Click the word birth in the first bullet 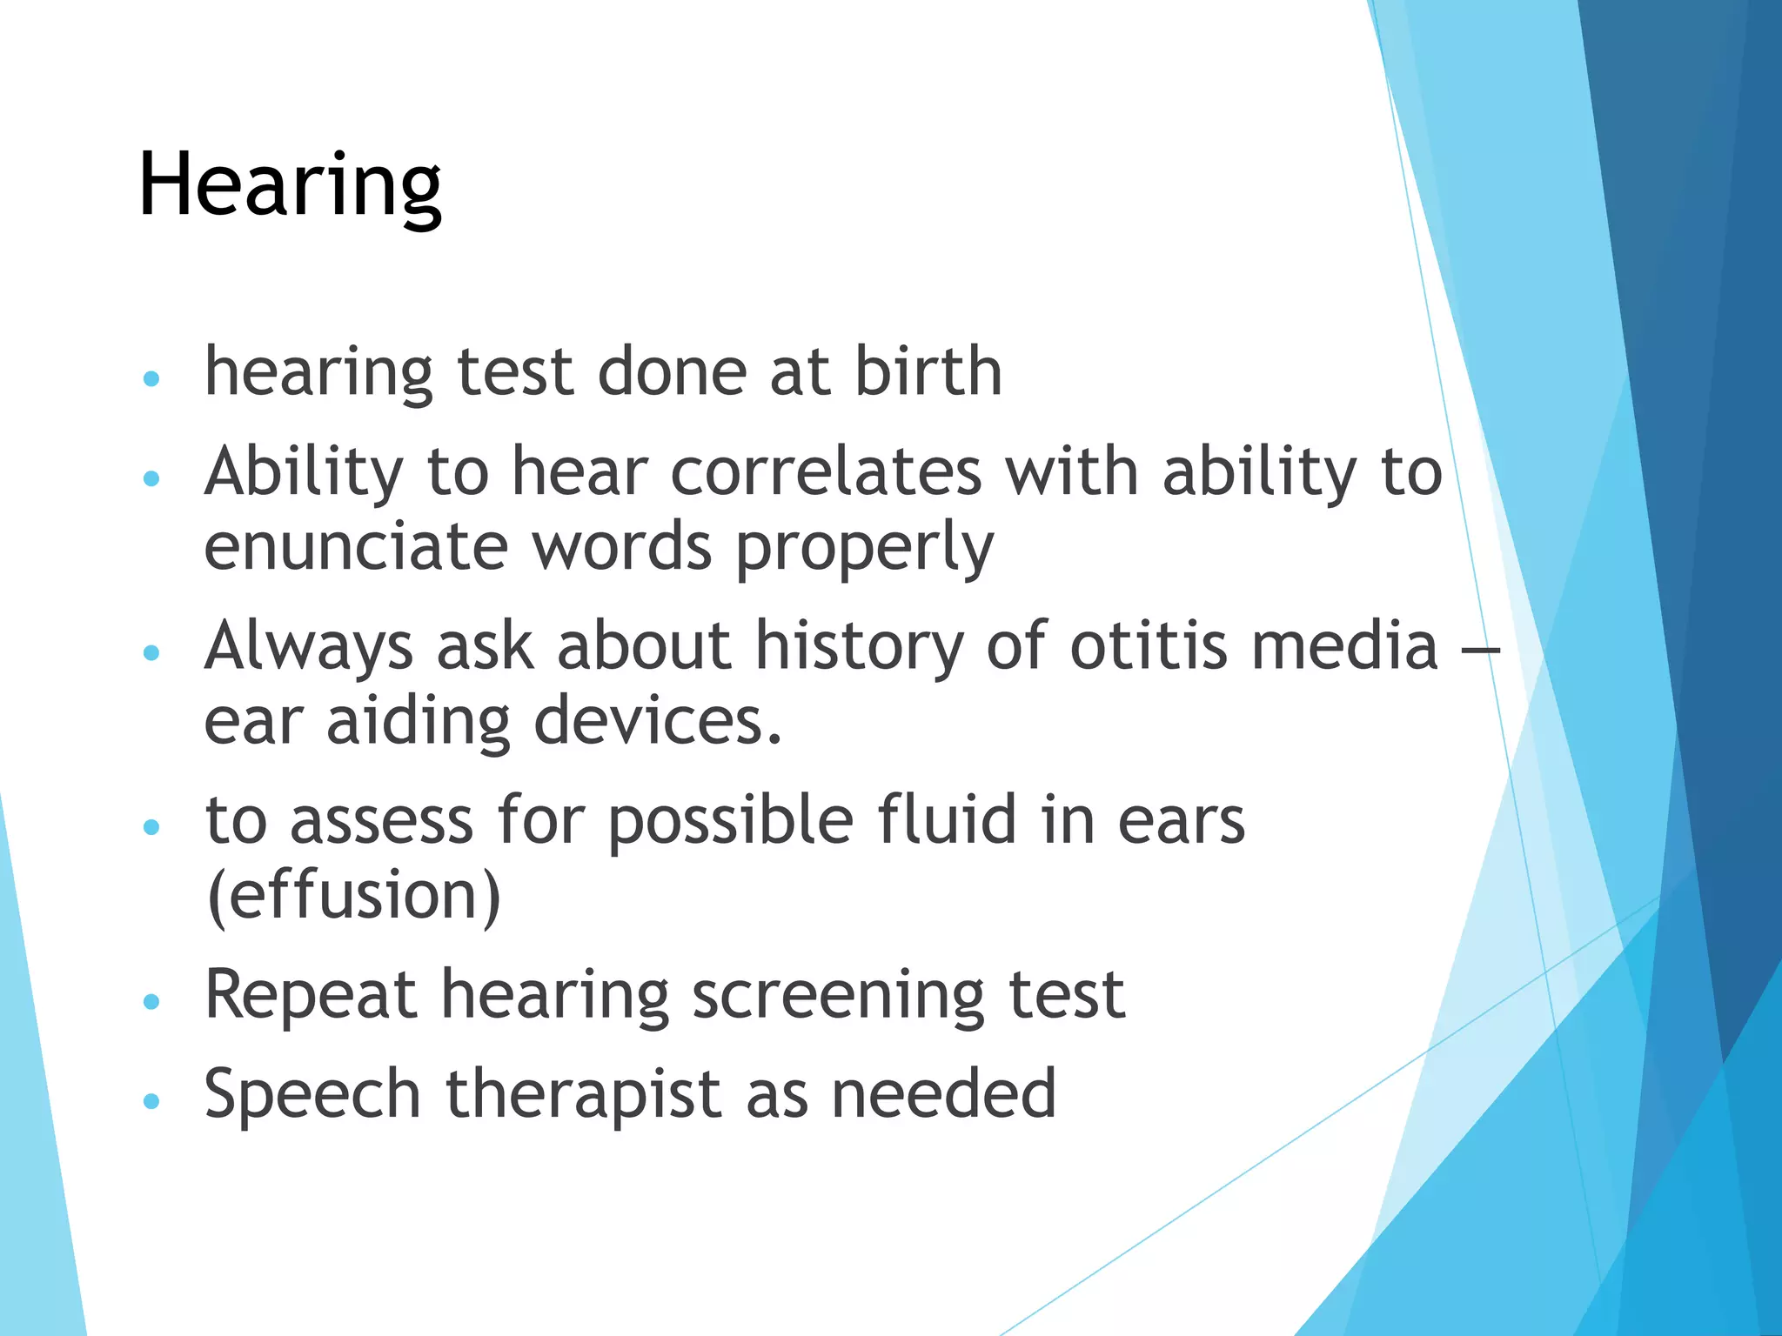pos(928,371)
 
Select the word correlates pos(826,471)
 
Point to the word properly pos(864,548)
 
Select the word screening pos(837,995)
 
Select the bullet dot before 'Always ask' pos(151,652)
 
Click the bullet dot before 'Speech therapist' pos(151,1101)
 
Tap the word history pos(860,647)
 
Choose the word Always pos(309,647)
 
